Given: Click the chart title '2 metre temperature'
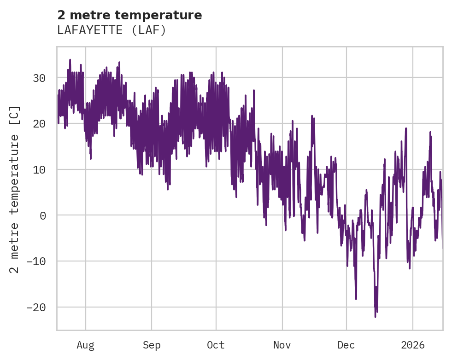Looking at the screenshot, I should click(x=129, y=15).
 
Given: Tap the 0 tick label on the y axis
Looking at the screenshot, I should click(x=43, y=215).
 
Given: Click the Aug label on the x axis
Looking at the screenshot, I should click(x=86, y=345).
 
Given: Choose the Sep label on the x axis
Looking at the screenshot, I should click(x=152, y=345).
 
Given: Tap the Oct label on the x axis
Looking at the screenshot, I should click(x=216, y=345).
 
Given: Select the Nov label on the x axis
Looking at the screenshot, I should click(x=282, y=345).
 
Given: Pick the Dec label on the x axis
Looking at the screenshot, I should click(x=346, y=345).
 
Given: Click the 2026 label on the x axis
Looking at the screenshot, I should click(x=413, y=345).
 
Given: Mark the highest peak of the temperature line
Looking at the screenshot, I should click(x=70, y=59).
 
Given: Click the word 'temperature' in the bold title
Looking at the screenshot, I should click(x=163, y=15).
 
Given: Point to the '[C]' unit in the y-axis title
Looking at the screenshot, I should click(x=15, y=115).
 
